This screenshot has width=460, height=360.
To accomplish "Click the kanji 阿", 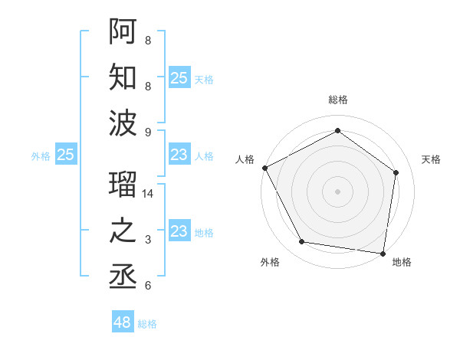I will [x=123, y=31].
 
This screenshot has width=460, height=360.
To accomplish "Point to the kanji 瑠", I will [x=123, y=183].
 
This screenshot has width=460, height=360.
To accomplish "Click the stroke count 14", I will [x=149, y=195].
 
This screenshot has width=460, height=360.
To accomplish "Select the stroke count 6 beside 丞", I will [x=148, y=286].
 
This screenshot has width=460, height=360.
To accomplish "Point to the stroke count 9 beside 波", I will [x=148, y=133].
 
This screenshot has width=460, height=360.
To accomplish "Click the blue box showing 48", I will [x=123, y=322].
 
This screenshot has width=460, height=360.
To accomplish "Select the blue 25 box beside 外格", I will [x=66, y=155].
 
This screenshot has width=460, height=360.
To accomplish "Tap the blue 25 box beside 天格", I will [x=179, y=78].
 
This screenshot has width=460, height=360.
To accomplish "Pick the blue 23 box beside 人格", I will [x=179, y=155].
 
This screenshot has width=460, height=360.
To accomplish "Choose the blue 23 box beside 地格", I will [x=179, y=231].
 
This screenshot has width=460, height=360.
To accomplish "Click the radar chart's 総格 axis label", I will [x=338, y=100].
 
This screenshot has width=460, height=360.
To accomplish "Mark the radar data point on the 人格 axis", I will [x=264, y=168].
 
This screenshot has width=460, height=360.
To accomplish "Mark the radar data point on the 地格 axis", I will [x=383, y=253].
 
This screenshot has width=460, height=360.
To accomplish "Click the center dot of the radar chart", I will [x=338, y=191].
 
